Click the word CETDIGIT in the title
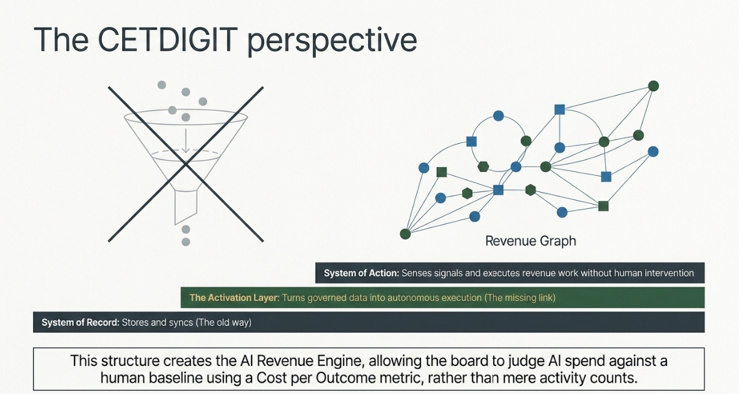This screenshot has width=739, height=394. tap(167, 39)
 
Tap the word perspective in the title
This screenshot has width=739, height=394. tap(332, 41)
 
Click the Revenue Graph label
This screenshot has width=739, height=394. tap(531, 241)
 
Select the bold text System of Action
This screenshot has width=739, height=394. tap(362, 273)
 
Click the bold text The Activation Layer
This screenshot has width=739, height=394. tap(234, 298)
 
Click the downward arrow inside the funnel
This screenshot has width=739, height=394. tap(186, 140)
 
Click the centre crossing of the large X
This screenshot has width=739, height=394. tap(186, 164)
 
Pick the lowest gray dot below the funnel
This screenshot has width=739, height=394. tap(186, 242)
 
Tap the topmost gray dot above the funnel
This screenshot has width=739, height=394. tap(161, 85)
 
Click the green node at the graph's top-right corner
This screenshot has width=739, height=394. tap(653, 86)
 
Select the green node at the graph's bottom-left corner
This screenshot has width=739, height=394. tap(405, 233)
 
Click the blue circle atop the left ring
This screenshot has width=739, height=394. tap(498, 116)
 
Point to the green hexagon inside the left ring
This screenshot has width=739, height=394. tap(483, 166)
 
